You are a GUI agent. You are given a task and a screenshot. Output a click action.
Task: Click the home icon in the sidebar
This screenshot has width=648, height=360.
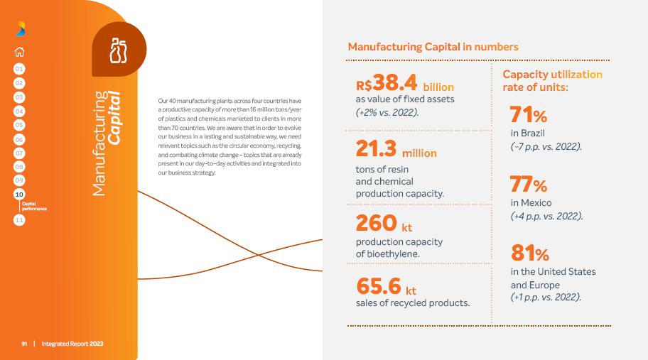coord(19,52)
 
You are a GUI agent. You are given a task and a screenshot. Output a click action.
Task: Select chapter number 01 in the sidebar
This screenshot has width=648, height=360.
coord(19,69)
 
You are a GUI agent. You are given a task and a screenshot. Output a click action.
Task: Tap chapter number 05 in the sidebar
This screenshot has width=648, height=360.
coord(19,125)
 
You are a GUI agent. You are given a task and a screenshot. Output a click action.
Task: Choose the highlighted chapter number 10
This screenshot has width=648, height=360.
coord(19,194)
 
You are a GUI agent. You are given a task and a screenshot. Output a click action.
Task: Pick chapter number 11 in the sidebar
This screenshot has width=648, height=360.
coord(19,220)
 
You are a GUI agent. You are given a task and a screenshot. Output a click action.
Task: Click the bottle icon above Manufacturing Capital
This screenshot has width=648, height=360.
coord(119,50)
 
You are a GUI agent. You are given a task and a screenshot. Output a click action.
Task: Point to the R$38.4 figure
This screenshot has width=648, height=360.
coord(387,83)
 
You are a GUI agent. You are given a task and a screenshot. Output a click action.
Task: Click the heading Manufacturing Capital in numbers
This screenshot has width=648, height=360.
coord(433,47)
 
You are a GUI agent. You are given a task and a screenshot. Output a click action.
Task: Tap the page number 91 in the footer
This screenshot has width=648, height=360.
coord(24,344)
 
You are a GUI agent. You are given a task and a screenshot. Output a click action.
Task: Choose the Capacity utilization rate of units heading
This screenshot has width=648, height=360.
coord(552,81)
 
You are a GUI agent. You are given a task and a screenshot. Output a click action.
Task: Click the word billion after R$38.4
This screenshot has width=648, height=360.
coord(438,87)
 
